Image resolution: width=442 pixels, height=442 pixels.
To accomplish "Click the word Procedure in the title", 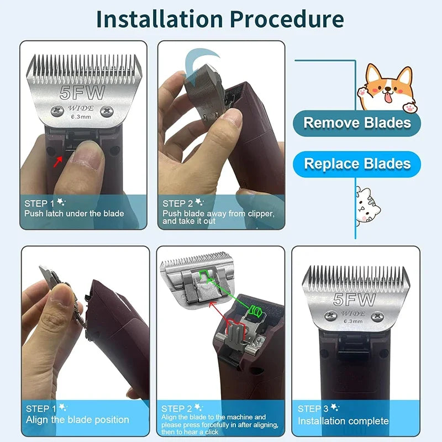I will click(x=287, y=19).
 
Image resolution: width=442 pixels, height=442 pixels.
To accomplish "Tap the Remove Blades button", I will click(x=357, y=123).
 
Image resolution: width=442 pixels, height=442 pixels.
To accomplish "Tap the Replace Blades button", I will click(x=357, y=164).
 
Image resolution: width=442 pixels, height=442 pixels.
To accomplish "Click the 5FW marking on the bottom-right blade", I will click(x=354, y=300).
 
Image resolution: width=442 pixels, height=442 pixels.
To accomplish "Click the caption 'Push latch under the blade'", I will click(x=74, y=213).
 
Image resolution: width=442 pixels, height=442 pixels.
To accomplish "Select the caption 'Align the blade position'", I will click(x=77, y=420).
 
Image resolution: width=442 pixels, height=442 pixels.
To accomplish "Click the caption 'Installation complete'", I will click(x=343, y=421).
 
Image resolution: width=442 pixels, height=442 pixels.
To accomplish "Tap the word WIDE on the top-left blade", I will click(x=81, y=107).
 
